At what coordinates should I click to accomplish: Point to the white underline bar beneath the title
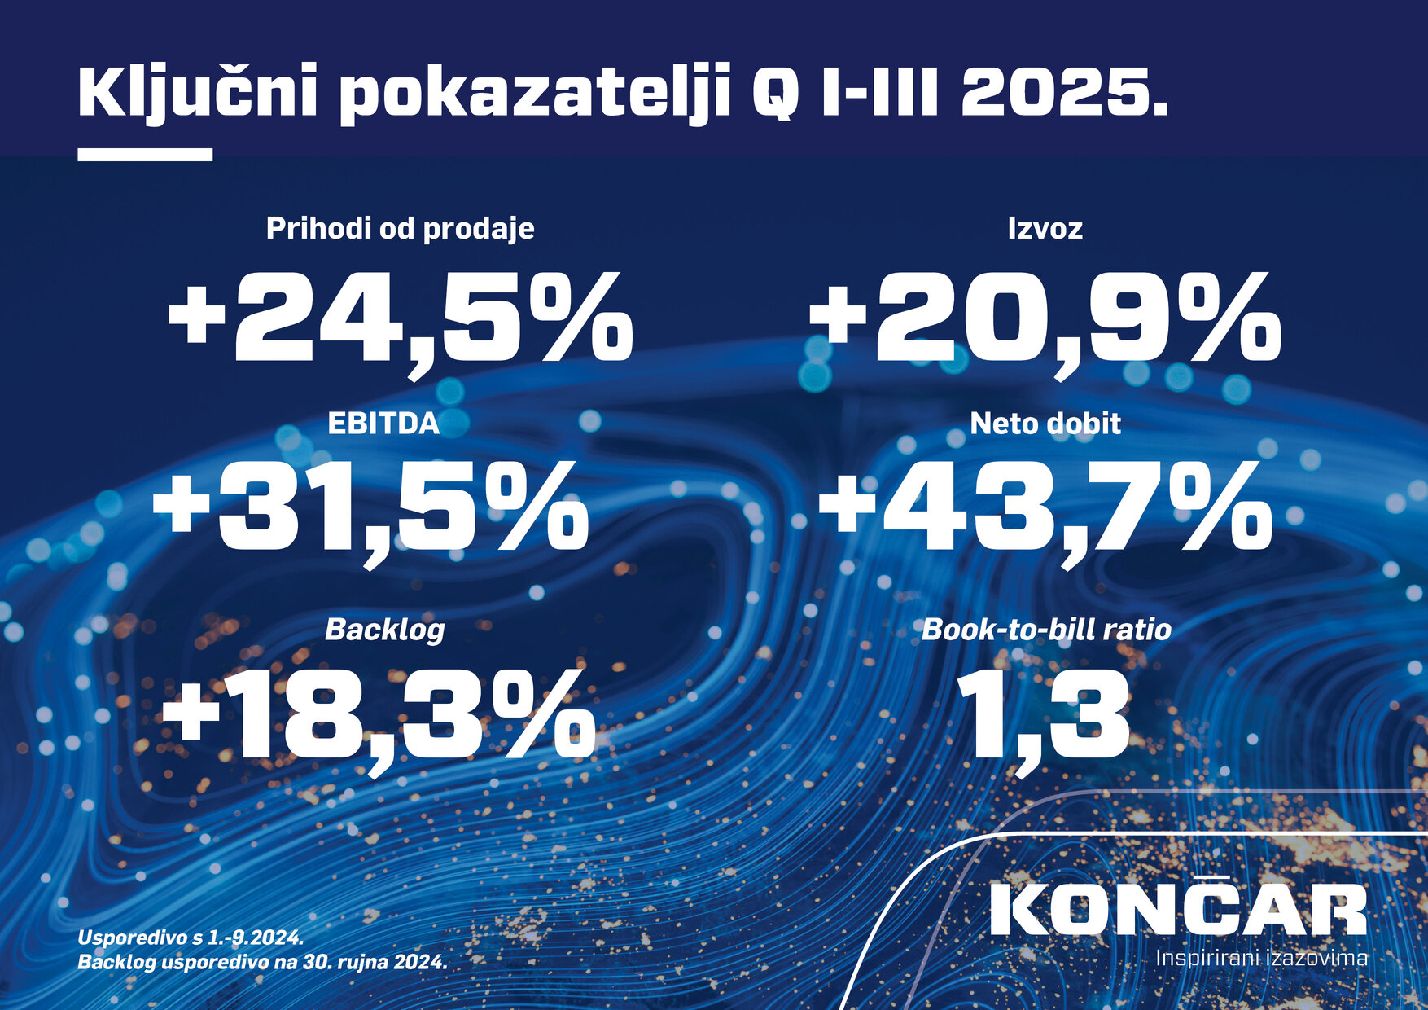[145, 155]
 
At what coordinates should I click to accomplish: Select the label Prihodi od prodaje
[400, 229]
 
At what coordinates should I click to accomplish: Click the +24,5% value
[400, 319]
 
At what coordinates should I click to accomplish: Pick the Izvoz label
[1045, 229]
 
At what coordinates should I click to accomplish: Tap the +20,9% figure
[1045, 319]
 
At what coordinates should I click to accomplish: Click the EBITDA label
[383, 424]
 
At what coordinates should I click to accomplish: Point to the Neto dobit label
[1045, 424]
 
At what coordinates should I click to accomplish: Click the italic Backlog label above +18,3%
[384, 630]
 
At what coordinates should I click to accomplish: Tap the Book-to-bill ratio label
[1046, 630]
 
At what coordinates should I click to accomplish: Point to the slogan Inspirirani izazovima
[1261, 958]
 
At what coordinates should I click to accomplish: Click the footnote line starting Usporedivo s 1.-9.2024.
[191, 937]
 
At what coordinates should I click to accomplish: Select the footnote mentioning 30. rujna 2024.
[262, 962]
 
